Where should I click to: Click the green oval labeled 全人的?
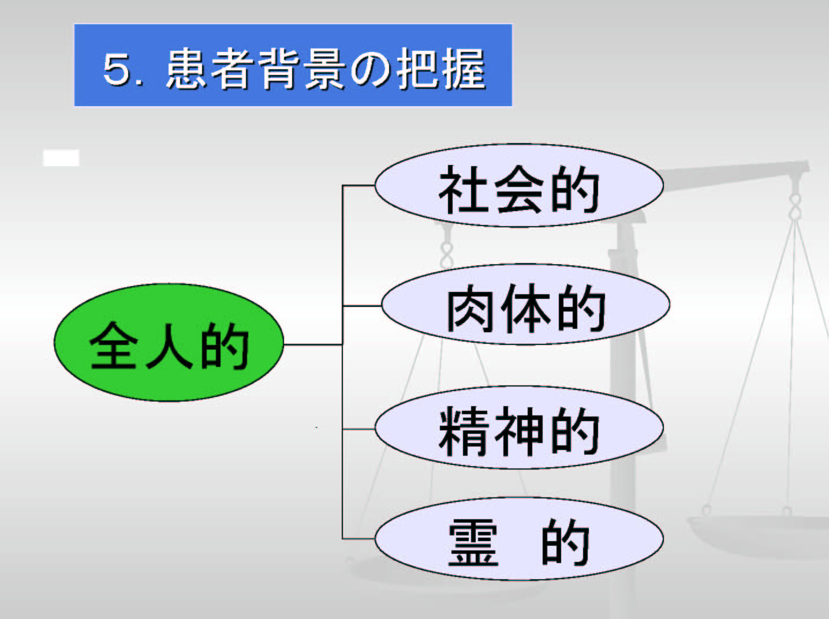click(169, 342)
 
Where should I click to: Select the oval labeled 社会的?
click(520, 185)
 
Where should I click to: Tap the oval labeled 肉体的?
click(526, 304)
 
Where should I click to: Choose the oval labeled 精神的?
click(520, 427)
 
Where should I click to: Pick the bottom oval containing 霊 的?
click(520, 538)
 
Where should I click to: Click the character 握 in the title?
click(464, 69)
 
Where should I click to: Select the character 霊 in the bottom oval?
click(473, 542)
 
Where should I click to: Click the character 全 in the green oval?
click(113, 346)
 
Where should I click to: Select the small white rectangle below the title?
click(61, 157)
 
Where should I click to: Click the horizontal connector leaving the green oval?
click(313, 344)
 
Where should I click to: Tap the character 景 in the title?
click(325, 69)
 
